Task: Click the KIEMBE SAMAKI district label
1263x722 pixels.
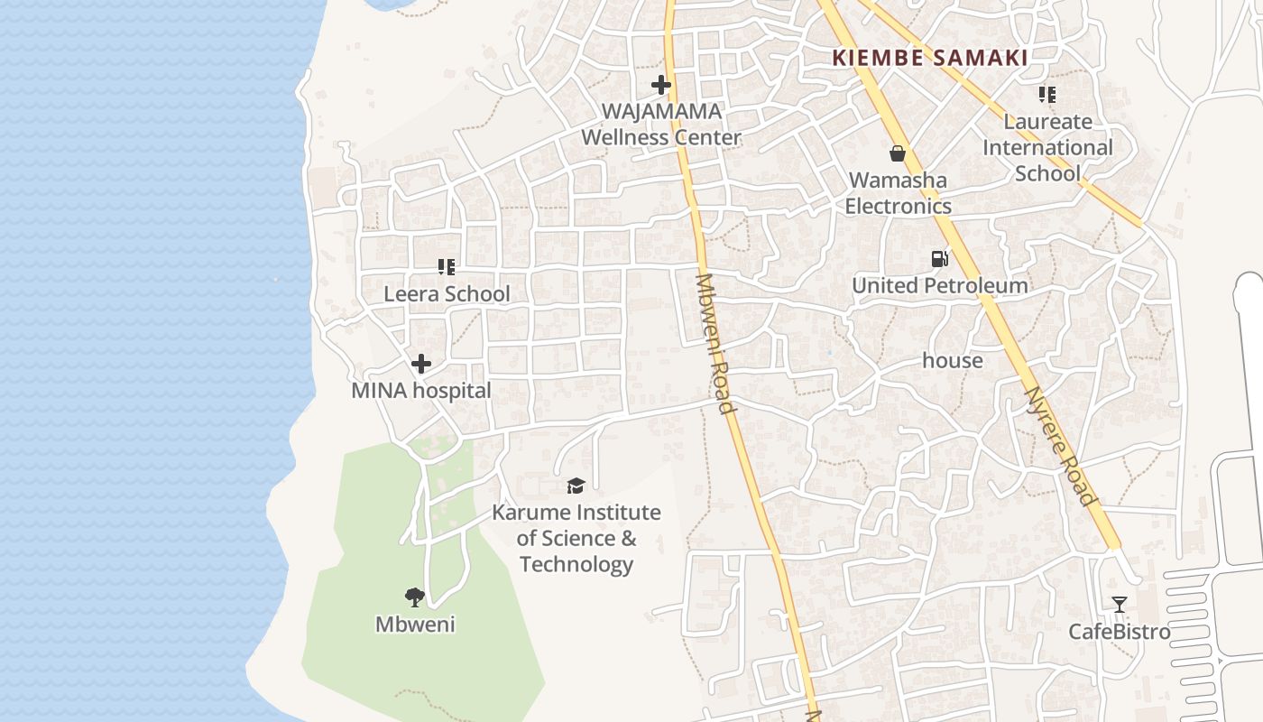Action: tap(929, 58)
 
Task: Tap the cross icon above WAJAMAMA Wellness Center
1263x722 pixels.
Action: tap(661, 86)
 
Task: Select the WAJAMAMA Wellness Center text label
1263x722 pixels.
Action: tap(661, 125)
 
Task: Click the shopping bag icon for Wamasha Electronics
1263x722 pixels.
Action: tap(898, 153)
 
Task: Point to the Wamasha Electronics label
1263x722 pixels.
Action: tap(898, 193)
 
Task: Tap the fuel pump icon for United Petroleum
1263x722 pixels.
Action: tap(940, 259)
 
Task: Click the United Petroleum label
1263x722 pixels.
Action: tap(940, 286)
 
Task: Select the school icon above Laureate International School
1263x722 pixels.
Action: tap(1046, 95)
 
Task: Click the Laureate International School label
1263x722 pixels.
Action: tap(1047, 147)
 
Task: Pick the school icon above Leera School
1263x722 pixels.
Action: tap(446, 267)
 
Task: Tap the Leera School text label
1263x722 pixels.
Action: tap(447, 294)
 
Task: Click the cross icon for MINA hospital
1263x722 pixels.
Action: tap(420, 365)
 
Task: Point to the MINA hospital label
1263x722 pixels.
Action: tap(421, 391)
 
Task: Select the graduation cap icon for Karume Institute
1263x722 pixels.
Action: tap(576, 486)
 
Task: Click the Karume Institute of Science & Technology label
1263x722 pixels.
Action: tap(576, 539)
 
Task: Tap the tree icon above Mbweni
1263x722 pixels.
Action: tap(415, 597)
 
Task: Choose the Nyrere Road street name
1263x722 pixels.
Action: tap(1060, 447)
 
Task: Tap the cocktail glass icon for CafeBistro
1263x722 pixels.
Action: tap(1120, 605)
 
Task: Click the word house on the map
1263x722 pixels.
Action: tap(953, 361)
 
